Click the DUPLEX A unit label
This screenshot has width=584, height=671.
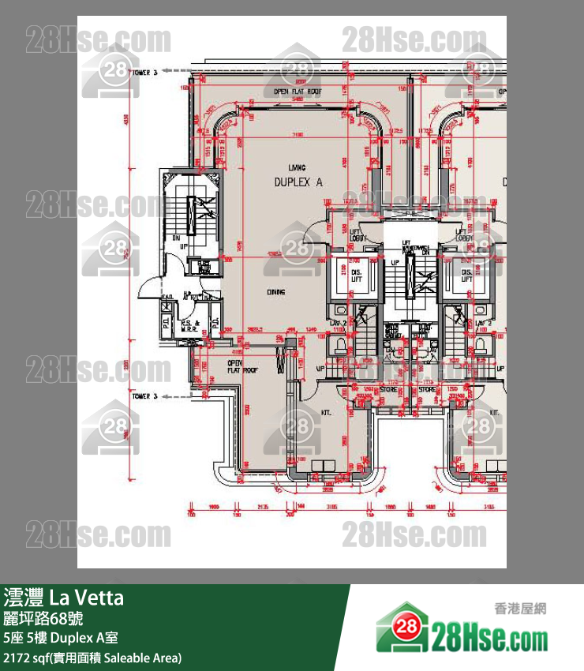point(298,182)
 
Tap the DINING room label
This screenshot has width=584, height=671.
point(275,292)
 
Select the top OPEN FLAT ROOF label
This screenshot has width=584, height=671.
point(298,92)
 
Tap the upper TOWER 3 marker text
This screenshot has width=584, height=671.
point(144,72)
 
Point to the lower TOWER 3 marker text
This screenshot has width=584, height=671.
point(144,395)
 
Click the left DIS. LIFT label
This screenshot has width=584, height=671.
point(345,276)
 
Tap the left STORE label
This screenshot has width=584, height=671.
point(387,388)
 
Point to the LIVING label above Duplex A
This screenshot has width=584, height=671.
point(298,167)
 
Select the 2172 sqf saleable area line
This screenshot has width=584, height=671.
point(92,657)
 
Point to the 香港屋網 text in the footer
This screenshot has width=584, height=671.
point(519,609)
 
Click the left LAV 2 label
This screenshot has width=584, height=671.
point(338,324)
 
